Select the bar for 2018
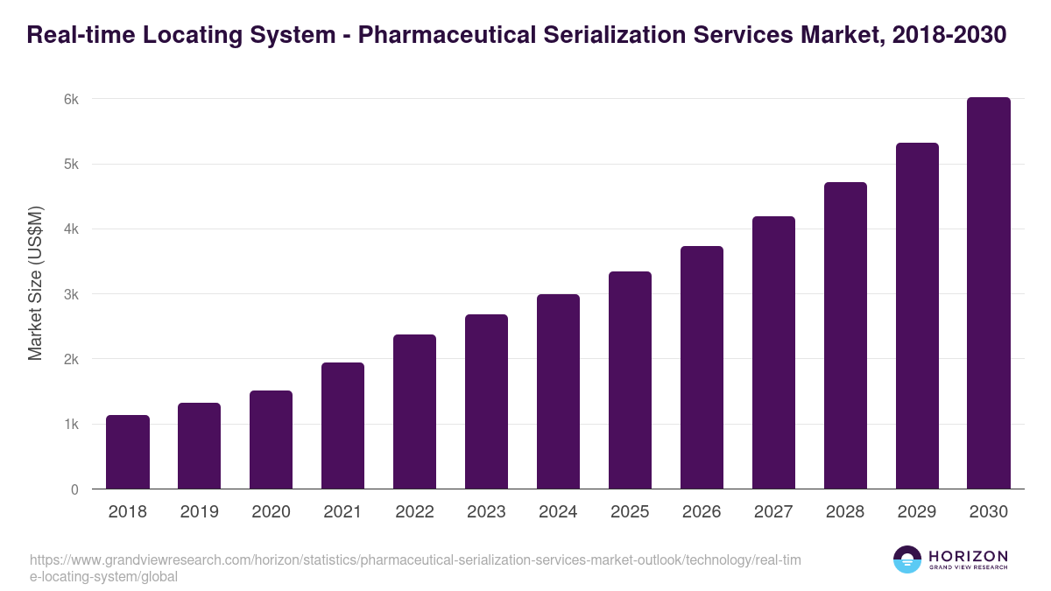(128, 452)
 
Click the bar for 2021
(342, 426)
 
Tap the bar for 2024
(558, 391)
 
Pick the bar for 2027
(773, 353)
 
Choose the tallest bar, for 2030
(989, 293)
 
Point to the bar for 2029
(917, 316)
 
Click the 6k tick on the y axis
(71, 99)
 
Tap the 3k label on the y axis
(71, 294)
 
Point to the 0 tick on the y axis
(74, 489)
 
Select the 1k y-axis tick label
(71, 425)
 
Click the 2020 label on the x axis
(272, 512)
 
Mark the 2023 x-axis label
(486, 512)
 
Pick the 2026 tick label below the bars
(702, 512)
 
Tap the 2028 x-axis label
(845, 512)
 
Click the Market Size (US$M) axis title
(35, 283)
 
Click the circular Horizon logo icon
(907, 559)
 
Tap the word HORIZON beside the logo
(968, 555)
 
